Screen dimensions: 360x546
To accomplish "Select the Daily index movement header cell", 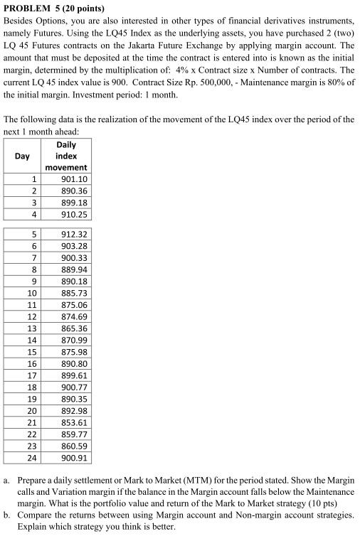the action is [65, 156].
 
